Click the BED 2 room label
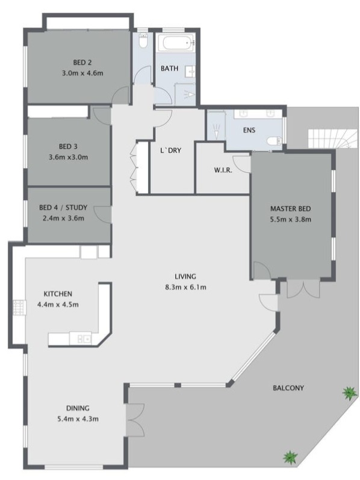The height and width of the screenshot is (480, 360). (x=82, y=63)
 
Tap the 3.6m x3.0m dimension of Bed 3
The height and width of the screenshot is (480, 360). (x=68, y=157)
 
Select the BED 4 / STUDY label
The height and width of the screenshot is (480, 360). (x=63, y=208)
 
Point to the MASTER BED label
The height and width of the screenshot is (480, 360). (x=290, y=209)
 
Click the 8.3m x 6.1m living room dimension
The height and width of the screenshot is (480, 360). (x=185, y=287)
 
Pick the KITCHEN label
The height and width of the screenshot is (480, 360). (x=58, y=294)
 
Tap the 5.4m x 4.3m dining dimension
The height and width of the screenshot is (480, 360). (x=78, y=419)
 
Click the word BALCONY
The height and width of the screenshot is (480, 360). (x=288, y=388)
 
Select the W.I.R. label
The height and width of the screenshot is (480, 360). (x=223, y=170)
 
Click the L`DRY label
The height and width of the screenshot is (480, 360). (x=170, y=151)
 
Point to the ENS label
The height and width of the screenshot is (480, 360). (x=249, y=130)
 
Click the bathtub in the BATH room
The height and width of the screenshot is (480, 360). (x=176, y=43)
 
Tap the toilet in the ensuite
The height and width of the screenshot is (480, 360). (x=273, y=141)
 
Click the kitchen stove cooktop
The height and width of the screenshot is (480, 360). (x=20, y=308)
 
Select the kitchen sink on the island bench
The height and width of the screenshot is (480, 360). (x=84, y=338)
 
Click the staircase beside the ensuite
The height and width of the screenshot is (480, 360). (x=332, y=139)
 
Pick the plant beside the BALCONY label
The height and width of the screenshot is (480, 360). (x=349, y=393)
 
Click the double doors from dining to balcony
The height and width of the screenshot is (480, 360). (x=135, y=420)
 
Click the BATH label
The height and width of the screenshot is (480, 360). (x=169, y=68)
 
